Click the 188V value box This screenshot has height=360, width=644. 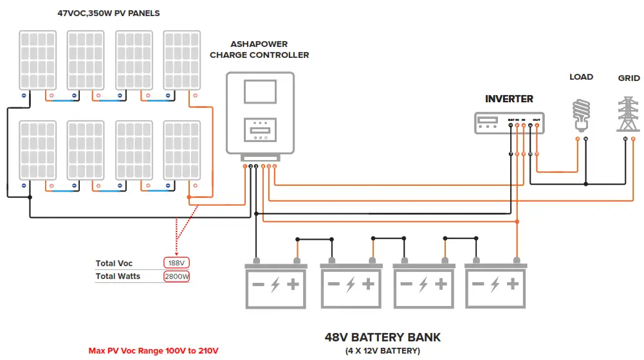tap(177, 264)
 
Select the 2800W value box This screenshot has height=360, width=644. tap(176, 276)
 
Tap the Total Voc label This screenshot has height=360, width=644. tap(114, 264)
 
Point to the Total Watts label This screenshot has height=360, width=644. tap(118, 276)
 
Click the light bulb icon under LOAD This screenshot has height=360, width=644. tap(582, 113)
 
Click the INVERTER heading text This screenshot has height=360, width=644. tap(509, 99)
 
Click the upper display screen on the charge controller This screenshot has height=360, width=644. tap(260, 91)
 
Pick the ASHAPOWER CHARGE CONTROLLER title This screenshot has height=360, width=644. tap(259, 50)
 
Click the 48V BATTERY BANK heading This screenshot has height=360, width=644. tap(382, 337)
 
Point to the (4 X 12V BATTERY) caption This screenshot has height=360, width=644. tap(382, 351)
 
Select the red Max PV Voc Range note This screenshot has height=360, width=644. tap(153, 351)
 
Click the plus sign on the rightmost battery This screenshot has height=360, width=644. tap(513, 284)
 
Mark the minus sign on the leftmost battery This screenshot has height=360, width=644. tap(257, 284)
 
